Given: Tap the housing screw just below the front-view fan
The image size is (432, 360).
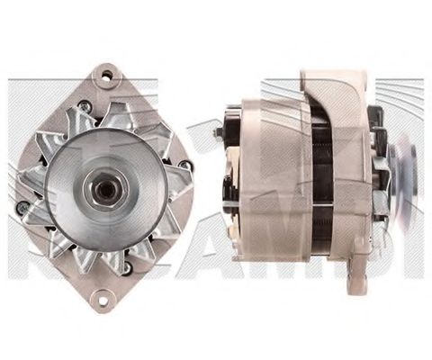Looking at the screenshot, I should (x=127, y=265).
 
